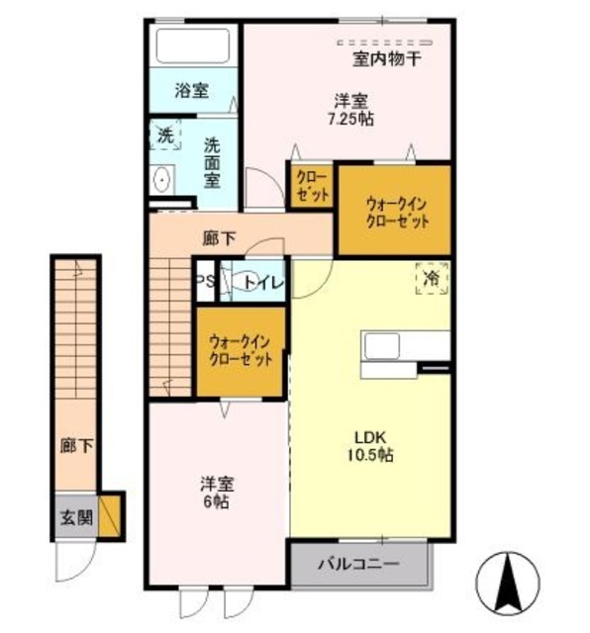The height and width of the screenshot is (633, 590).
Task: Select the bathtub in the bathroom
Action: pyautogui.click(x=192, y=45)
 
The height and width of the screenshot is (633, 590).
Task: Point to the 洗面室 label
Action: pyautogui.click(x=212, y=162)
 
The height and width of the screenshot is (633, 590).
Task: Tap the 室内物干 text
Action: pyautogui.click(x=387, y=59)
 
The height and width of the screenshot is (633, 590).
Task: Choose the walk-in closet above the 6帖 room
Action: pyautogui.click(x=240, y=352)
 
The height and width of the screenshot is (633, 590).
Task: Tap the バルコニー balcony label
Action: pyautogui.click(x=358, y=565)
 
